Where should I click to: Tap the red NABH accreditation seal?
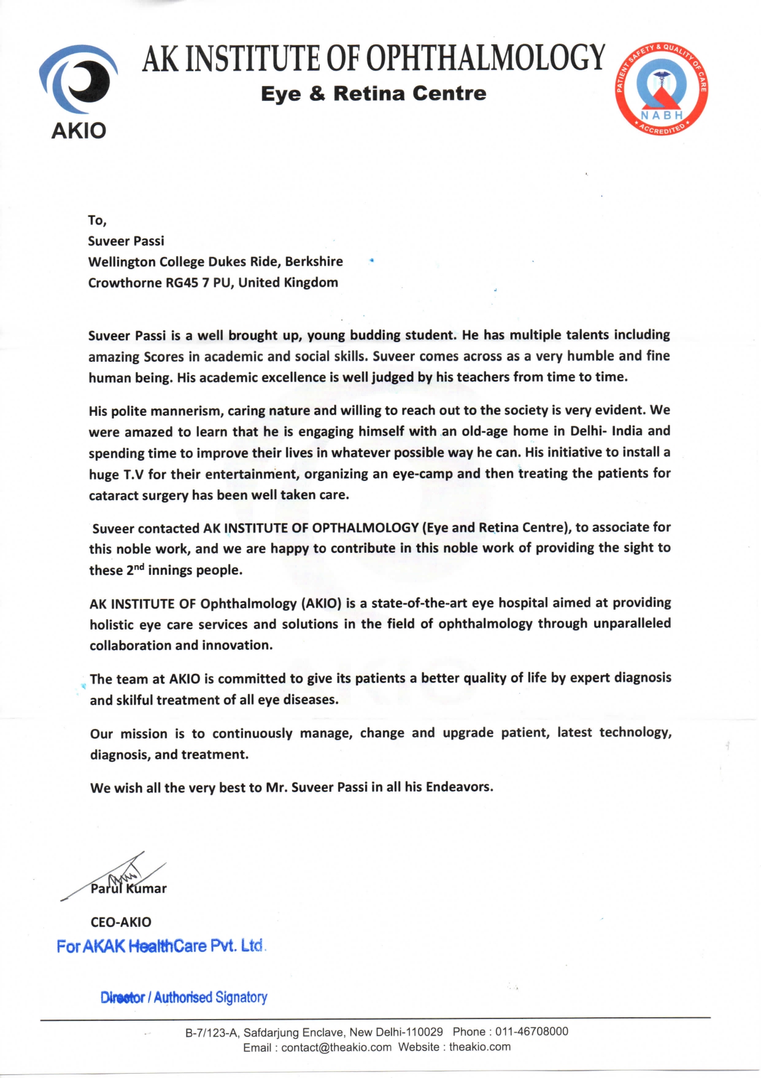[x=661, y=89]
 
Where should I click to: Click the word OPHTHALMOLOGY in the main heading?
[x=486, y=58]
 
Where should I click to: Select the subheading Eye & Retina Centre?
[x=373, y=93]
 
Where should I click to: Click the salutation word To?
[x=97, y=220]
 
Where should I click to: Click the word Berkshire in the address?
[x=314, y=262]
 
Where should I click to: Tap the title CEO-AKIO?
[x=121, y=922]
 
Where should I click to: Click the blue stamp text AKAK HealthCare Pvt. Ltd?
[x=173, y=946]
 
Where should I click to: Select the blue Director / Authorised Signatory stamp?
[x=183, y=997]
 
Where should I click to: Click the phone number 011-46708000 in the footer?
[x=531, y=1032]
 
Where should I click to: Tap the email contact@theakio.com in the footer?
[x=336, y=1047]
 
